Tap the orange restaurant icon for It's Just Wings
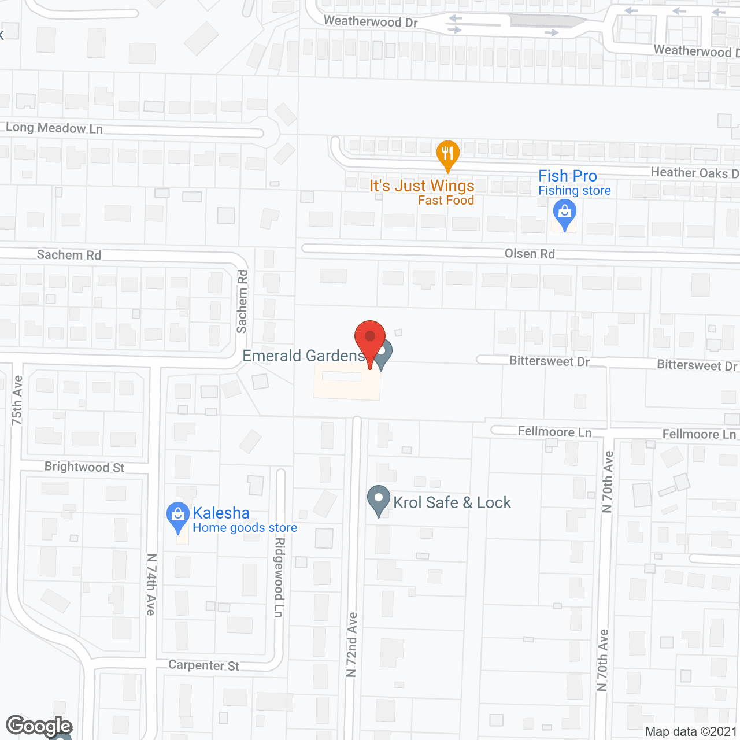[447, 154]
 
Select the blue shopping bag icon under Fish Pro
[565, 214]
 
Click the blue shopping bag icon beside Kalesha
[177, 516]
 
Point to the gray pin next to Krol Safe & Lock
[379, 499]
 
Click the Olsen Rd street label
[530, 254]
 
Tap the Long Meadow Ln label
[54, 128]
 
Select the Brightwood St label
[84, 467]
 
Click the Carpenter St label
[203, 665]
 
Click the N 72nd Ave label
[352, 645]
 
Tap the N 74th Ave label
[151, 584]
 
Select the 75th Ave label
[17, 400]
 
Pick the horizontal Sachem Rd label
[69, 255]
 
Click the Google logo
[39, 726]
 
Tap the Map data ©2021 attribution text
[691, 732]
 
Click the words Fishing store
[574, 191]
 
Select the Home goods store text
[245, 528]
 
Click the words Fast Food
[446, 201]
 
